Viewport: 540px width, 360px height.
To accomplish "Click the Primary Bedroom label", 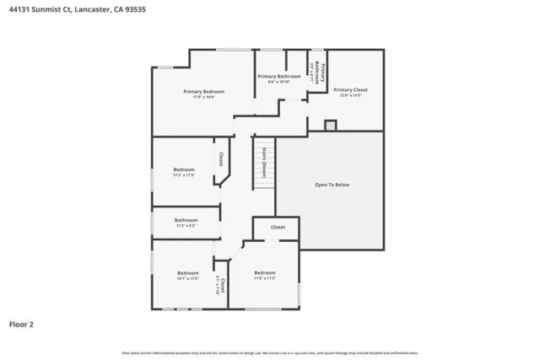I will pos(203,91).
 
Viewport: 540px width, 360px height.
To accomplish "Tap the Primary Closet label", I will pos(350,89).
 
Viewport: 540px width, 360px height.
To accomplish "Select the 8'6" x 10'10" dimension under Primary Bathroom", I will pos(278,82).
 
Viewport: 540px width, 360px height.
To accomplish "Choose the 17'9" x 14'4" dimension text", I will pos(203,97).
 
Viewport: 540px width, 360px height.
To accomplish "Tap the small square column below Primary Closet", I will pos(331,125).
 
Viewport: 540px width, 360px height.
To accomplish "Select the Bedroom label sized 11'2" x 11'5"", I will pos(184,169).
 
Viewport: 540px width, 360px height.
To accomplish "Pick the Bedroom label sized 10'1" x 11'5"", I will pos(187,272).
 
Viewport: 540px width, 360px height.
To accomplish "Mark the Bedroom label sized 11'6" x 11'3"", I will pos(265,272).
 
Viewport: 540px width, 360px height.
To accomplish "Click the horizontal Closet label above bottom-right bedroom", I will pos(278,227).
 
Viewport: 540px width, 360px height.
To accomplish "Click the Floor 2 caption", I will pos(21,323).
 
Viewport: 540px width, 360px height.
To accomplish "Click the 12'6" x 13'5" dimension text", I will pos(350,95).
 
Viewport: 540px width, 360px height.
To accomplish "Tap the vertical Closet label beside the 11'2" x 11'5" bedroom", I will pos(221,158).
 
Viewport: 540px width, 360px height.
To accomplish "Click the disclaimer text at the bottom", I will pos(269,352).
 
